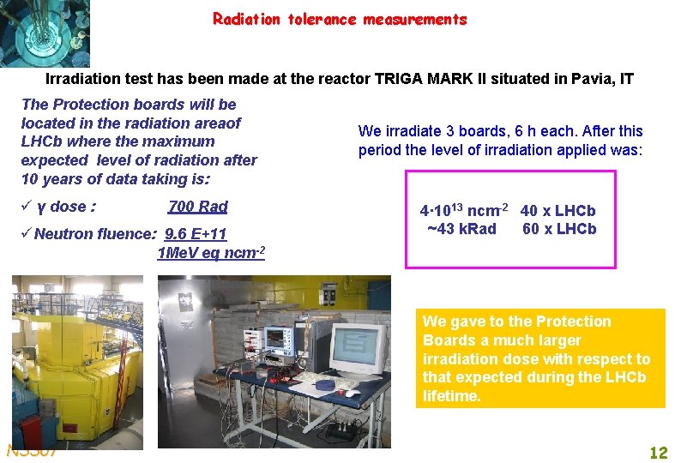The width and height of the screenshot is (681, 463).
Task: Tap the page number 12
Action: point(658,453)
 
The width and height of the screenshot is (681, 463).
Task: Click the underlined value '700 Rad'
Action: point(198,207)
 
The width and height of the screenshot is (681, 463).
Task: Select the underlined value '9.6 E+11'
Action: point(196,234)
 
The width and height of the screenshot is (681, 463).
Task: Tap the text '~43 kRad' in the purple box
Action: point(461,229)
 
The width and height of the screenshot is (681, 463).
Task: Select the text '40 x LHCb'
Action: point(557,211)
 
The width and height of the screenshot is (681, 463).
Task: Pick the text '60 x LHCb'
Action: point(558,229)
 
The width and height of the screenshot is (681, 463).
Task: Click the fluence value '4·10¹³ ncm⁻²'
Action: point(463,211)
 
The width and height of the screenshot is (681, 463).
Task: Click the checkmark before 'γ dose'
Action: point(27,207)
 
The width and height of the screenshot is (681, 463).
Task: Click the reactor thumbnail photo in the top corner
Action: point(45,33)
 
